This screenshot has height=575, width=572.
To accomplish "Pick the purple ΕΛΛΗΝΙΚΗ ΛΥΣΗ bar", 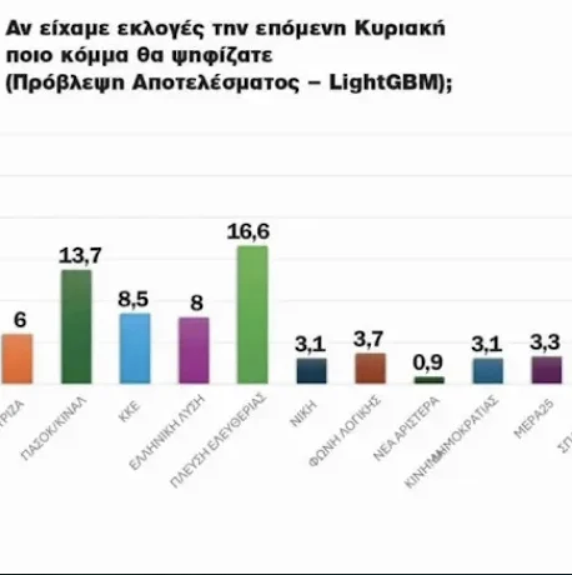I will pyautogui.click(x=194, y=350).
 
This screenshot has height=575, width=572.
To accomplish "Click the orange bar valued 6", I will pyautogui.click(x=17, y=359).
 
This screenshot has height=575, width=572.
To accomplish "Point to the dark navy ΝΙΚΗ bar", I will pyautogui.click(x=311, y=371).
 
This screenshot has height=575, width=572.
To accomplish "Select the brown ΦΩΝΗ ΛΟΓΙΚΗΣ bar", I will pyautogui.click(x=370, y=368).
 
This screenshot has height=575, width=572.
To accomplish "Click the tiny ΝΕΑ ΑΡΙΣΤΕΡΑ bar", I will pyautogui.click(x=429, y=379).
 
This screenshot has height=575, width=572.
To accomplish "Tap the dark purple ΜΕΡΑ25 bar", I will pyautogui.click(x=546, y=369).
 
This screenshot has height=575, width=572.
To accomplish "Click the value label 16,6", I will pyautogui.click(x=252, y=232).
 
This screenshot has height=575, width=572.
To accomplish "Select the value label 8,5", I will pyautogui.click(x=134, y=299).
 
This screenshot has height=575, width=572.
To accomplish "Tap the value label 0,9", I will pyautogui.click(x=429, y=363).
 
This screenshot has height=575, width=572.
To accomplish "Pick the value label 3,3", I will pyautogui.click(x=545, y=343).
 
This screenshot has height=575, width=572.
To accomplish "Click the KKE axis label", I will pyautogui.click(x=132, y=413).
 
